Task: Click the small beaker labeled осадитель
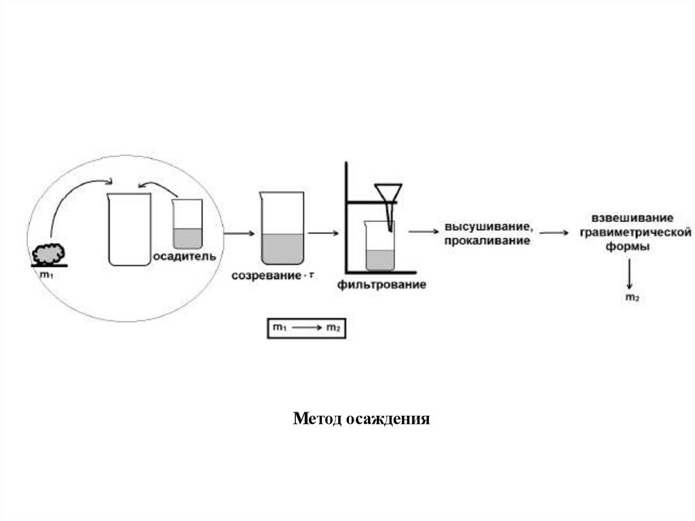188,224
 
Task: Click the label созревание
266,276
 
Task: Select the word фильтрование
381,285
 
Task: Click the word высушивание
483,226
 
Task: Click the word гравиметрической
632,233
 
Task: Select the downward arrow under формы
631,274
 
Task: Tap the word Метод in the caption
317,418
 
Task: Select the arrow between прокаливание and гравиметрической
555,233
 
